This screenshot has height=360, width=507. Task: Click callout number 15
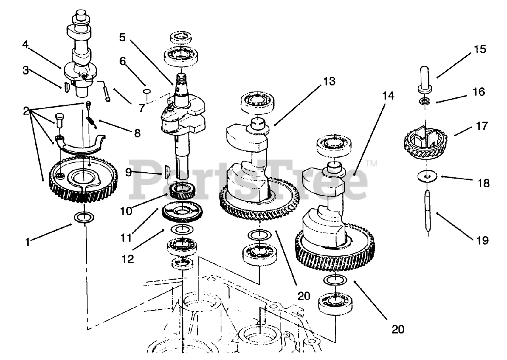480,50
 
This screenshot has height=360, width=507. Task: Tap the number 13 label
329,82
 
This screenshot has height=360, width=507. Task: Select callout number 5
122,38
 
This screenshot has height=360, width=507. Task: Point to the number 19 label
483,240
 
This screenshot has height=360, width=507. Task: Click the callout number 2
26,111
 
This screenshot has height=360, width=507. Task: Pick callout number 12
128,259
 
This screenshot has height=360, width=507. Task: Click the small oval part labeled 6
147,91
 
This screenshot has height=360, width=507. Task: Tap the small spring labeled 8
92,123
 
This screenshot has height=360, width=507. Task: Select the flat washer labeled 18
427,176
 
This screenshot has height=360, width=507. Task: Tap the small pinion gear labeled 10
182,191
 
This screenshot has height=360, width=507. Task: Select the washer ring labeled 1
84,217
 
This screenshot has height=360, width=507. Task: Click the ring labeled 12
182,230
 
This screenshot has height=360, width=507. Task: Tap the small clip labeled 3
66,87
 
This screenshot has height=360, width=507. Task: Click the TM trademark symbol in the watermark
372,164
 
